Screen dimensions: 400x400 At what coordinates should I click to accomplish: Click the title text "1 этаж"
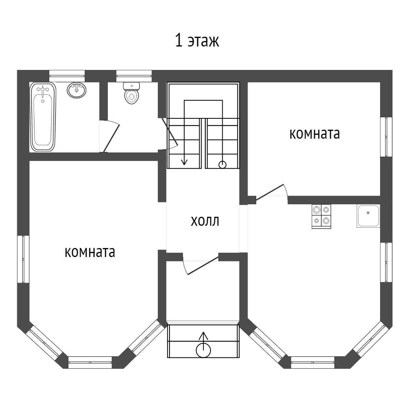tap(197, 41)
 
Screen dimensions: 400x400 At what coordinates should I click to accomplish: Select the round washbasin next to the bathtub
tap(77, 90)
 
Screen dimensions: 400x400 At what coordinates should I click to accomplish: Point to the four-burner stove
tap(321, 216)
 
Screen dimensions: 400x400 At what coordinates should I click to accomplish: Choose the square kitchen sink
tap(368, 216)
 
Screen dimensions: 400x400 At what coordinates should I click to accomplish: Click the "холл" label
tap(205, 221)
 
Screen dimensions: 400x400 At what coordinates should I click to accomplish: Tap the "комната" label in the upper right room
tap(314, 134)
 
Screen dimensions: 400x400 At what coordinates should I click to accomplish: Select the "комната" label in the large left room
tap(90, 252)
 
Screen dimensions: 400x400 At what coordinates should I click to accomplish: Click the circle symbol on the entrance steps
tap(203, 350)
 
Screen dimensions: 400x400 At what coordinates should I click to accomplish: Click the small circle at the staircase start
tap(222, 165)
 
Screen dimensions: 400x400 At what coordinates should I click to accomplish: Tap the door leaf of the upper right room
tap(270, 192)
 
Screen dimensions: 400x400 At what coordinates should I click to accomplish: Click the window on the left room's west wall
tap(23, 259)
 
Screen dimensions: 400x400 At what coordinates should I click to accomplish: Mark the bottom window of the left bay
tap(90, 362)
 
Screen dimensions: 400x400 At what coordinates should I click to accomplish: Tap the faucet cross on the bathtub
tap(43, 90)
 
